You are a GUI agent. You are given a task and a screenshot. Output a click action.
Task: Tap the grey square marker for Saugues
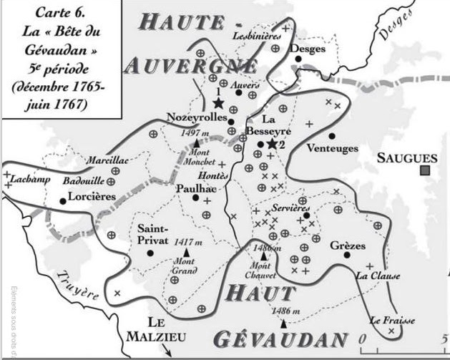[425, 170]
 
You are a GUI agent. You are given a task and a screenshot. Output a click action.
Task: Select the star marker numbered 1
[217, 103]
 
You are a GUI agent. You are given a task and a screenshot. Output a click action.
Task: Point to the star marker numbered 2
[272, 145]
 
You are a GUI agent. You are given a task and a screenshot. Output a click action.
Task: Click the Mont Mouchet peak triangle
[196, 144]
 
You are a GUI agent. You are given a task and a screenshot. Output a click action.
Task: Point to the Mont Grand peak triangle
[187, 253]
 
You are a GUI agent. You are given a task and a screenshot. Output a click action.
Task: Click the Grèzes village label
[348, 246]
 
